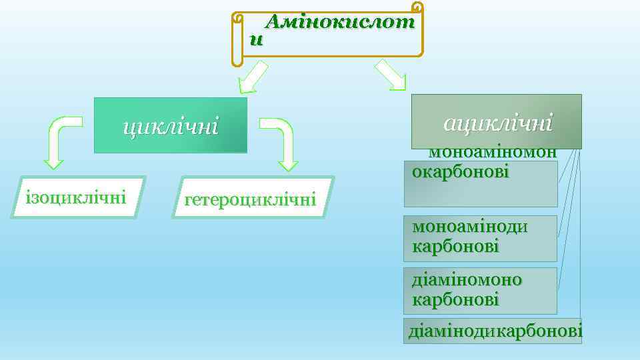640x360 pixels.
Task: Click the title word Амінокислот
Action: (x=340, y=22)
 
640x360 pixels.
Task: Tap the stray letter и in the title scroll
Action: (x=256, y=40)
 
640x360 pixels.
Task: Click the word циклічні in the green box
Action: (x=169, y=126)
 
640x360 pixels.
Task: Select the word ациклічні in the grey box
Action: (x=497, y=122)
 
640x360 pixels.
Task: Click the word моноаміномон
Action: (x=493, y=152)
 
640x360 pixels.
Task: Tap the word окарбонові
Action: (x=460, y=172)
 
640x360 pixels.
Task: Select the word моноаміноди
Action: (x=470, y=227)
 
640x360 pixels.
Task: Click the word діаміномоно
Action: (x=467, y=279)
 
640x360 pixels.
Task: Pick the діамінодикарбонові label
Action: (x=494, y=331)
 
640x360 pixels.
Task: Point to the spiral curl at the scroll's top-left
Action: (x=237, y=19)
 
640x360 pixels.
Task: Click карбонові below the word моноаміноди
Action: (x=455, y=247)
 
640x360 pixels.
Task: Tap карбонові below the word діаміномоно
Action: (x=455, y=300)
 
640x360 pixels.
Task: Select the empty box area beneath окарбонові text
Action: (x=481, y=194)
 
